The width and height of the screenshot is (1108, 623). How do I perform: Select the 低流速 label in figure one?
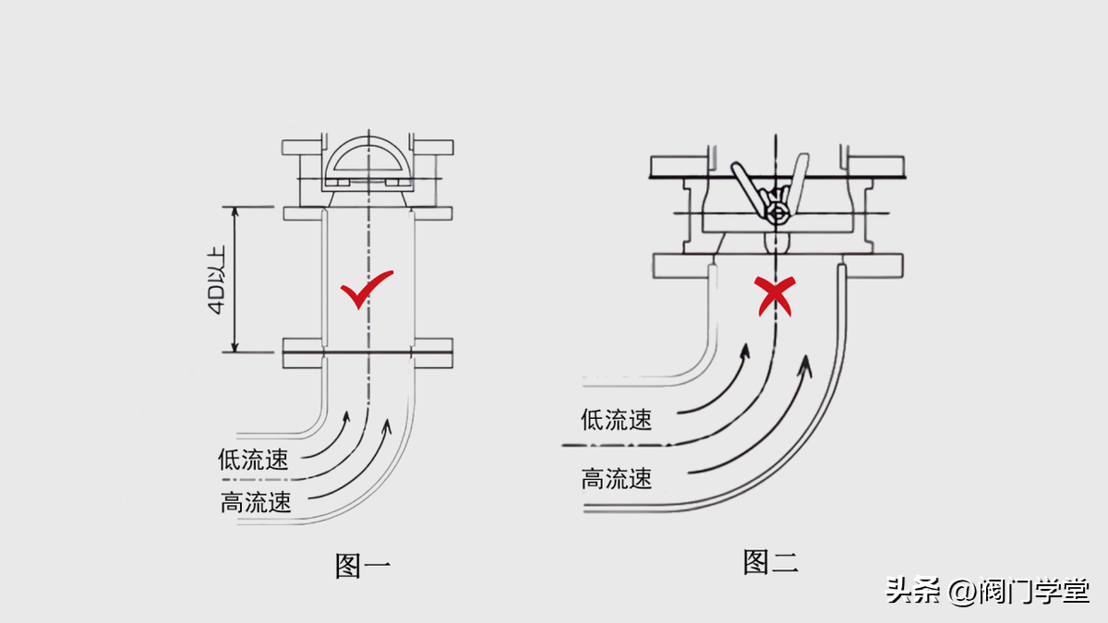(x=253, y=459)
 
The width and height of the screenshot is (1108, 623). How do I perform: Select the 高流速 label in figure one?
(x=256, y=502)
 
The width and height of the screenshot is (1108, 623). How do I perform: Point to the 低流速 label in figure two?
(x=616, y=420)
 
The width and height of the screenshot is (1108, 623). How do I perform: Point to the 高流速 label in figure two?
(x=616, y=478)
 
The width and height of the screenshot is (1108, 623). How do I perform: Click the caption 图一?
(x=362, y=565)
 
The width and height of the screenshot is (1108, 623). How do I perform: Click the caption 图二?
(x=770, y=561)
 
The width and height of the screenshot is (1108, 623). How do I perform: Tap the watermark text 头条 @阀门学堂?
(x=987, y=590)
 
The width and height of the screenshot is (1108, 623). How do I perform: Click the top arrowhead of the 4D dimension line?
(x=237, y=210)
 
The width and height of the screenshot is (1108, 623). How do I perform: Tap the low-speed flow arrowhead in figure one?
(x=347, y=415)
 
